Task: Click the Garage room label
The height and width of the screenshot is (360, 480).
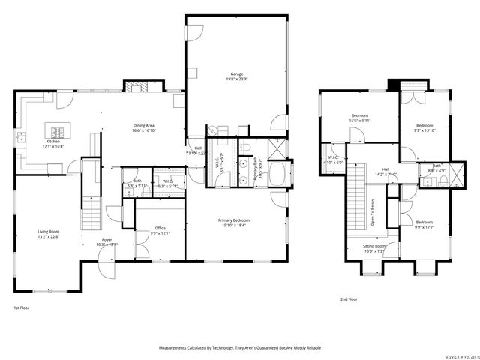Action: coord(237,74)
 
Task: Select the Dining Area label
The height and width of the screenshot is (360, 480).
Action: coord(144,125)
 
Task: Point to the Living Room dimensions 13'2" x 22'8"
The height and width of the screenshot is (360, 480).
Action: coord(48,237)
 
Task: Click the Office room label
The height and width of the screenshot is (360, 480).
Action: coord(160,228)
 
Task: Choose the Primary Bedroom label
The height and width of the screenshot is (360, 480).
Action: coord(234,220)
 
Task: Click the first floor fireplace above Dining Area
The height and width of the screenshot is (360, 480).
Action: coord(137,86)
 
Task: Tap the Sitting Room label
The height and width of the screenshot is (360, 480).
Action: coord(374,246)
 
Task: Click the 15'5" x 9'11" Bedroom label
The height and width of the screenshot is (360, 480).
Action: coord(359,115)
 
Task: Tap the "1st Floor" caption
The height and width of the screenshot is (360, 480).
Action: coord(22,308)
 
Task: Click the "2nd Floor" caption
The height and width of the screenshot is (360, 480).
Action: coord(349,299)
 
